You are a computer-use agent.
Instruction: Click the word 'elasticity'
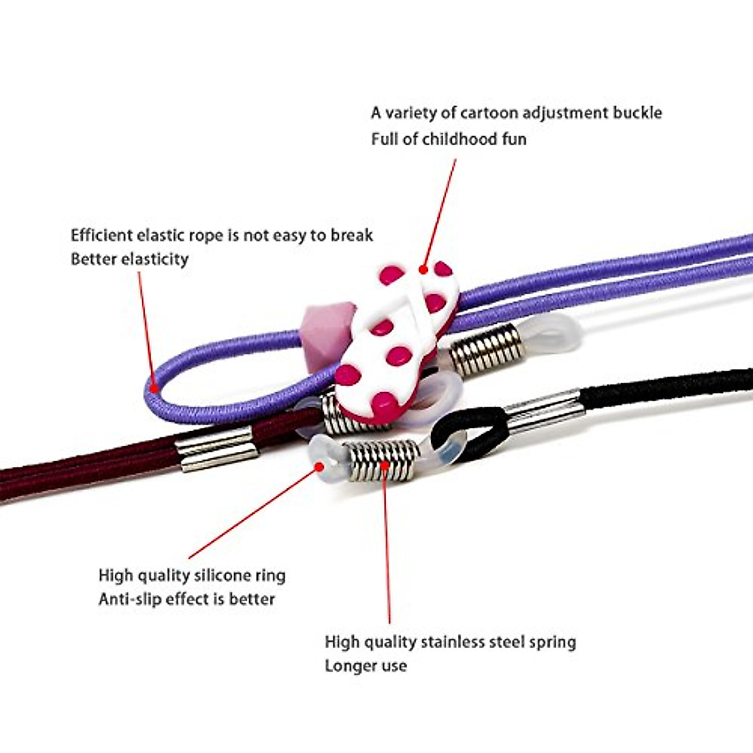155,260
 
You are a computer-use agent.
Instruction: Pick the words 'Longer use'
365,666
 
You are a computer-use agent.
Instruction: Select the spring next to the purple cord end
486,350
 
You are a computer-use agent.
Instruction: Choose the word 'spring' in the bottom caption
552,643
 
